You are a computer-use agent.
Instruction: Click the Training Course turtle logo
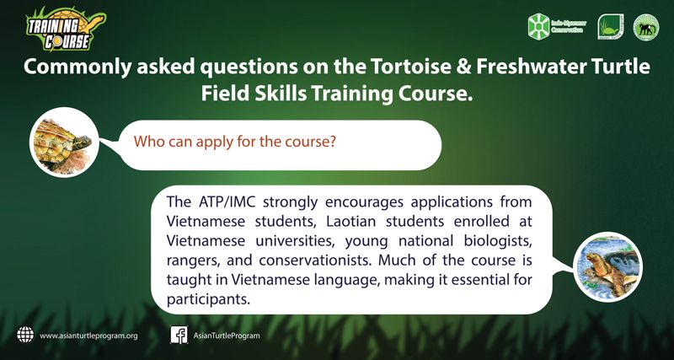(x=66, y=29)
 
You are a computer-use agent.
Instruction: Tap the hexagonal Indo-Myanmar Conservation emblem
(x=539, y=27)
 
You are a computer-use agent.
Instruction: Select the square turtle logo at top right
(x=610, y=27)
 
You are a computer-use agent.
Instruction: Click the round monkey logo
(x=646, y=27)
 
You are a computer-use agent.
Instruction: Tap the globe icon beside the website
(x=25, y=335)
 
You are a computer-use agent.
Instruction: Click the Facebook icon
(x=179, y=335)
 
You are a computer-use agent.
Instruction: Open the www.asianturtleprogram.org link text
(x=89, y=336)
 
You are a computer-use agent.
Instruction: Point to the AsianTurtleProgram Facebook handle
(x=227, y=336)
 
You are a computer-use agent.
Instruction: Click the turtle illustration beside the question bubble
(x=65, y=142)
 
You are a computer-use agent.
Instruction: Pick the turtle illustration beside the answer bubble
(x=608, y=266)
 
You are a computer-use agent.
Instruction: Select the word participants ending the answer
(x=208, y=300)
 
